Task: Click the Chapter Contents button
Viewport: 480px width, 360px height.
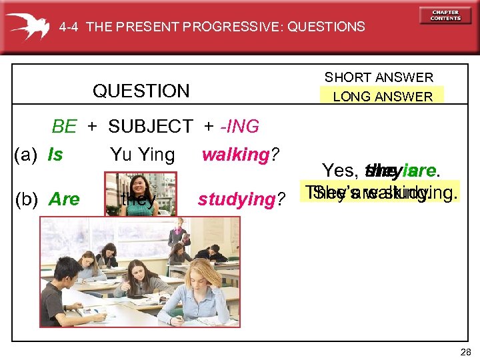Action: [445, 15]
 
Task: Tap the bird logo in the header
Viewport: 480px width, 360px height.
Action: [27, 25]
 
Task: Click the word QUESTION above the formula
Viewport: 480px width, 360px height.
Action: [141, 91]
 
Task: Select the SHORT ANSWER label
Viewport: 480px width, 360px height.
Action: [379, 77]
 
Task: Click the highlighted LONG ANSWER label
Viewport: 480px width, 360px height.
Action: [383, 97]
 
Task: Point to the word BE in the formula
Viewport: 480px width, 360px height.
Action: [65, 126]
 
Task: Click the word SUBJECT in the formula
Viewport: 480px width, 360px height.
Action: [150, 126]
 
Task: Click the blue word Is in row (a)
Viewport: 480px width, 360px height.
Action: [55, 155]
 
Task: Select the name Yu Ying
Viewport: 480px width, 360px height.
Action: [142, 155]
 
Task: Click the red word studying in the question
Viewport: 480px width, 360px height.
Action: [237, 199]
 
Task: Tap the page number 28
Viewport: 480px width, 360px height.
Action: [465, 352]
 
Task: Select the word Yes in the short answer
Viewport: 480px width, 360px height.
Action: [341, 171]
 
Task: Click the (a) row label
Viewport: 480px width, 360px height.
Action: [25, 155]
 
